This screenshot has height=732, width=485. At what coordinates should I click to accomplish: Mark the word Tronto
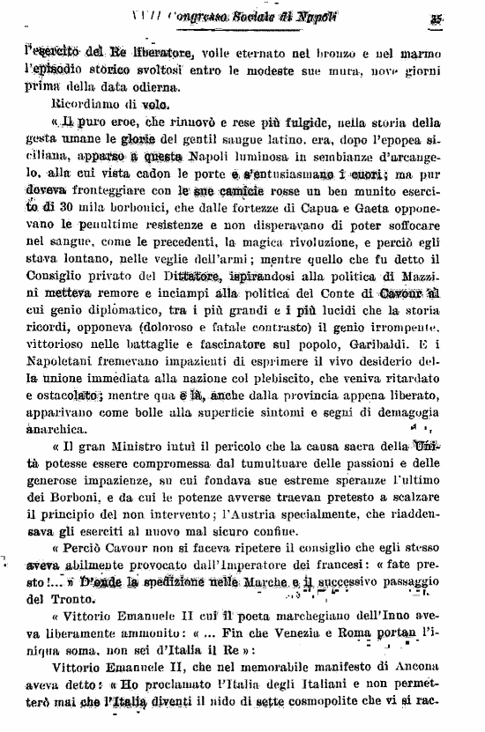coord(57,599)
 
